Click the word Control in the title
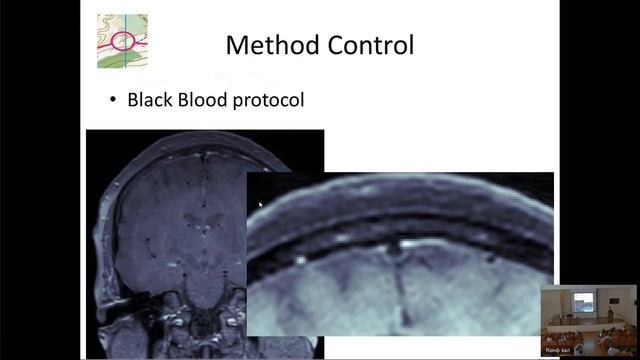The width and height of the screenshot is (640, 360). (x=367, y=45)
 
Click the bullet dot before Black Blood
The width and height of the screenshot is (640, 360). (x=114, y=101)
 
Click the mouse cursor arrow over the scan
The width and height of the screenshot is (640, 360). (x=260, y=205)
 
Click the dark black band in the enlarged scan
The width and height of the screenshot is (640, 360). (x=400, y=225)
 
